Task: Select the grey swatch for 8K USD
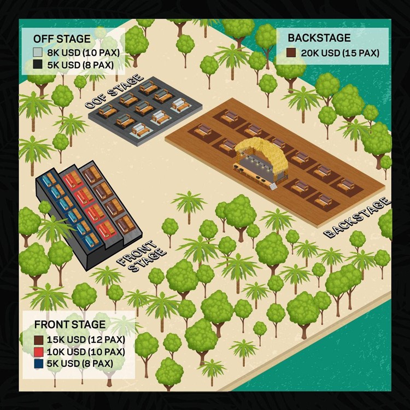click(38, 53)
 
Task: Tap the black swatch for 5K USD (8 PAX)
click(38, 64)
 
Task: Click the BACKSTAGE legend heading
click(319, 39)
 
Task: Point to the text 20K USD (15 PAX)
click(339, 53)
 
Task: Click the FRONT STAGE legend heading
click(70, 324)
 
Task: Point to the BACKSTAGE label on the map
click(358, 218)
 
